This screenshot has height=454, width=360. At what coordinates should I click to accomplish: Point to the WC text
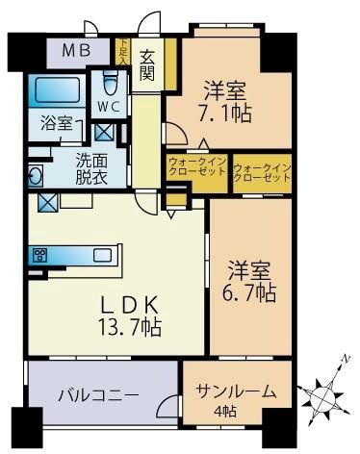coord(107,105)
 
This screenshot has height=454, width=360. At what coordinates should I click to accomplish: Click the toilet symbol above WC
coord(109,79)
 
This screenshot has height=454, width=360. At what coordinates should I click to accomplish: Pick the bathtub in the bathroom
coord(59,93)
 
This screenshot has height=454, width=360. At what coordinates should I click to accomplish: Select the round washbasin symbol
coord(35,177)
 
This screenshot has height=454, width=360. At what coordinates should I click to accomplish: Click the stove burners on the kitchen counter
coord(41,255)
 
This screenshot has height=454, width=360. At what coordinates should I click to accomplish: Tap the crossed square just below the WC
coord(106,132)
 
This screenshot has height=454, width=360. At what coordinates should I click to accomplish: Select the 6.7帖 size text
coord(251,288)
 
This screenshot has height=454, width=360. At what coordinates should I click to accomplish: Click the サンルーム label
coord(236,391)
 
